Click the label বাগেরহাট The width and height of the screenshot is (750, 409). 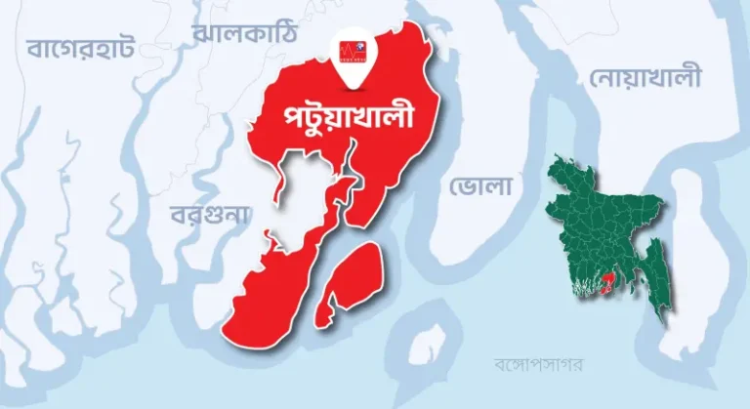coord(81,46)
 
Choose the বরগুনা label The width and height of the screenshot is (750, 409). coord(210,214)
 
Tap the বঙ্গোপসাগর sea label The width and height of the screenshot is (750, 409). coord(538,365)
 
